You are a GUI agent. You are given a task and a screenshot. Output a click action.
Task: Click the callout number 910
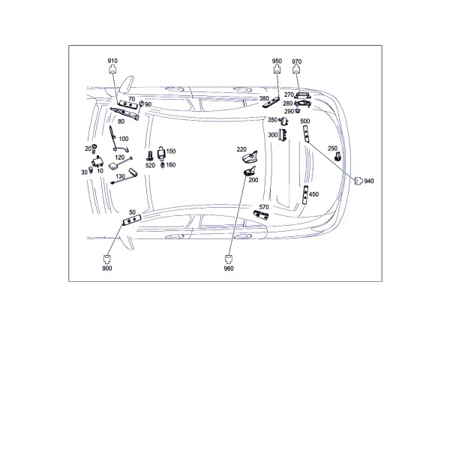(112, 61)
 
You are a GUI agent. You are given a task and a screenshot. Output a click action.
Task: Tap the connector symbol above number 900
(107, 259)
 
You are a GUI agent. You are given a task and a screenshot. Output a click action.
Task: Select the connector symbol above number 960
(229, 259)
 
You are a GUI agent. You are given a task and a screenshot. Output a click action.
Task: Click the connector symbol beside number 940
(358, 181)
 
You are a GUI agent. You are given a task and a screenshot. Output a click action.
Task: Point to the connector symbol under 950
(277, 70)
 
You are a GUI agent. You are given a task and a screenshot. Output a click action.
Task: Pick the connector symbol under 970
(296, 70)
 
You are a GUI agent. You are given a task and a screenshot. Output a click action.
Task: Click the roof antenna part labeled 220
(250, 157)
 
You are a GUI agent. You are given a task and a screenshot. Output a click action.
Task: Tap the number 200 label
(253, 180)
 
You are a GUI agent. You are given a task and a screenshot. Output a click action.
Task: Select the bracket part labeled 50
(132, 220)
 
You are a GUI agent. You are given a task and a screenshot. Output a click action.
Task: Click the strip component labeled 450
(305, 194)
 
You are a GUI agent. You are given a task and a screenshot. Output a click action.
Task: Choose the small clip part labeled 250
(337, 156)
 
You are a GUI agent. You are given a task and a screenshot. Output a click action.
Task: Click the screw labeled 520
(149, 155)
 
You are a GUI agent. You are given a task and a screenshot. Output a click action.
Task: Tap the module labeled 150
(161, 153)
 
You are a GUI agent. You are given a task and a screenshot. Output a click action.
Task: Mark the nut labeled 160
(163, 165)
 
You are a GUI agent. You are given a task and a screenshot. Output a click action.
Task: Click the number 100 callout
(124, 139)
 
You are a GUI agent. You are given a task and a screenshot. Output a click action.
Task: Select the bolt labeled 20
(94, 148)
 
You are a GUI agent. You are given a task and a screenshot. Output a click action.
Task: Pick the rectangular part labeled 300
(283, 135)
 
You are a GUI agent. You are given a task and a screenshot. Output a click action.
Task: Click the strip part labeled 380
(271, 103)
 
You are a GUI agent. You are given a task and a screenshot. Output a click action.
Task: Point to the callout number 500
(304, 121)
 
